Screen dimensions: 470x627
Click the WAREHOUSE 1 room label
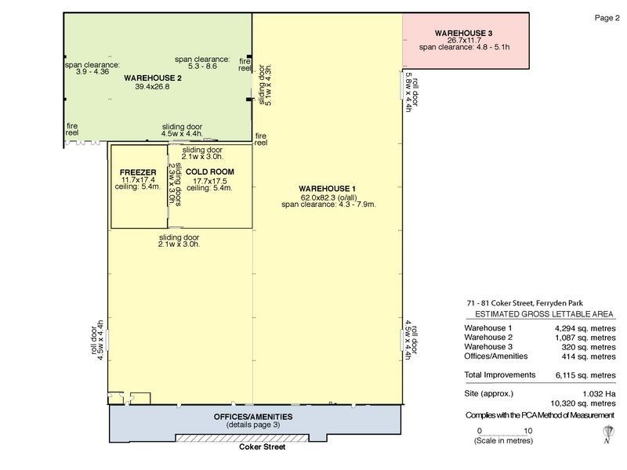pyautogui.click(x=328, y=189)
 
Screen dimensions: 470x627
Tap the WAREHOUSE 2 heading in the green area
pyautogui.click(x=152, y=78)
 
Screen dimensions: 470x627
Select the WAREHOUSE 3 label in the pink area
pyautogui.click(x=464, y=33)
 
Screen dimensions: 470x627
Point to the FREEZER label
pyautogui.click(x=139, y=172)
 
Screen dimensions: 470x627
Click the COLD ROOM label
pyautogui.click(x=210, y=172)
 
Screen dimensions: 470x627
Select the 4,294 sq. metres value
pyautogui.click(x=584, y=327)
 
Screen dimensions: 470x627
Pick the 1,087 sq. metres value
pyautogui.click(x=584, y=338)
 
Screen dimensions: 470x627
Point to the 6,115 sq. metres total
pyautogui.click(x=584, y=375)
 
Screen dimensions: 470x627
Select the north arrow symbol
pyautogui.click(x=607, y=433)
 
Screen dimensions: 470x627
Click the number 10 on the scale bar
pyautogui.click(x=528, y=430)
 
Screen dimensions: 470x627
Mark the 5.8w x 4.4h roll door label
pyautogui.click(x=408, y=92)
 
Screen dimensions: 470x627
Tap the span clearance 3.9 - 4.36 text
pyautogui.click(x=92, y=69)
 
